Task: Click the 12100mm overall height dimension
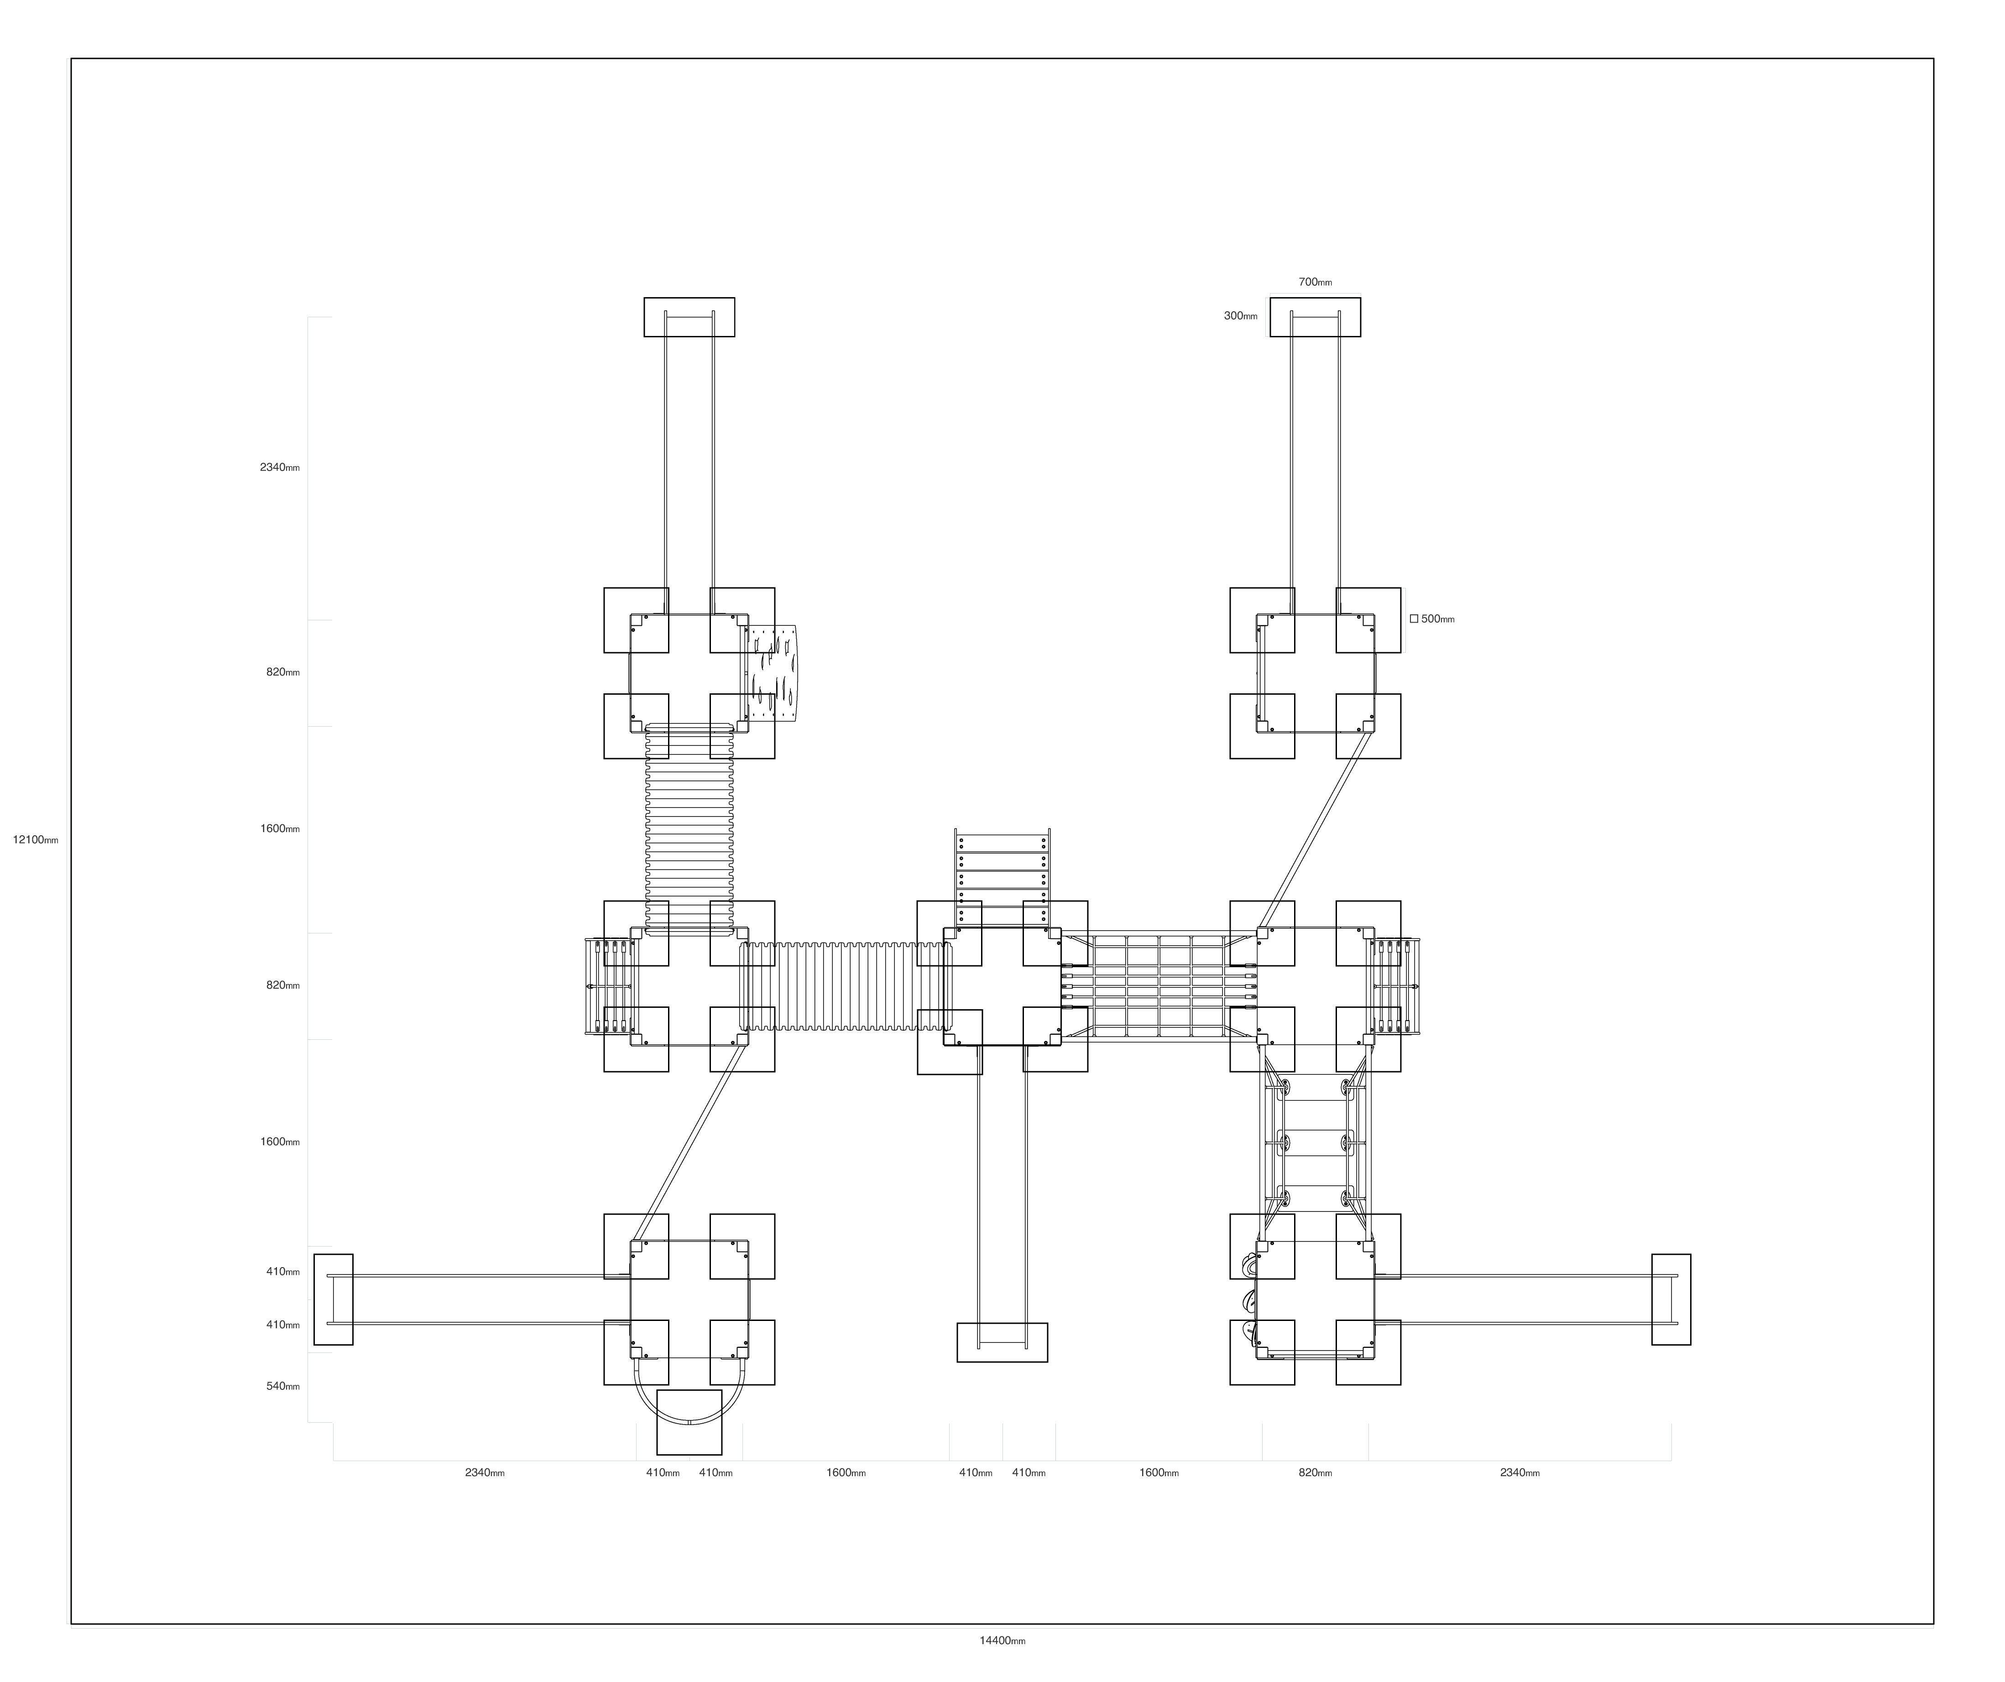pos(35,840)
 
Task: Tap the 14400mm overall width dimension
pos(1002,1641)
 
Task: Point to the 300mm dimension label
pos(1240,316)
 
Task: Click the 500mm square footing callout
pos(1432,619)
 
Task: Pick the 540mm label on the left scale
pos(282,1386)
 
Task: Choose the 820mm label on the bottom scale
pos(1315,1473)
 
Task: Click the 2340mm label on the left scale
pos(280,467)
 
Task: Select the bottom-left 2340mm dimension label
pos(485,1473)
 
